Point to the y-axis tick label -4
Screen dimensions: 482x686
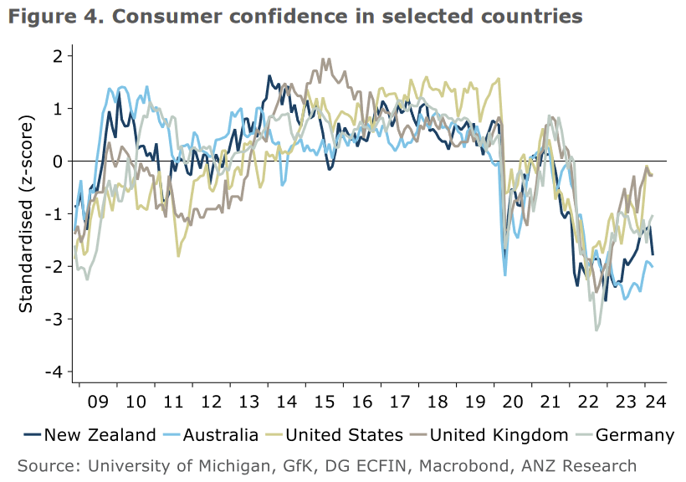point(55,372)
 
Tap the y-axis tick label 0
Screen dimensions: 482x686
point(59,161)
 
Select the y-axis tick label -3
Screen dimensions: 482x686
point(55,319)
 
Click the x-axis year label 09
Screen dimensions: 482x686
point(99,401)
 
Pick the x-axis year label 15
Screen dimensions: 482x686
point(322,401)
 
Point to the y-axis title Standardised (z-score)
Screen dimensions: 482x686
point(27,214)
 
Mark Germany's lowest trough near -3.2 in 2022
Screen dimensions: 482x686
point(596,330)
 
